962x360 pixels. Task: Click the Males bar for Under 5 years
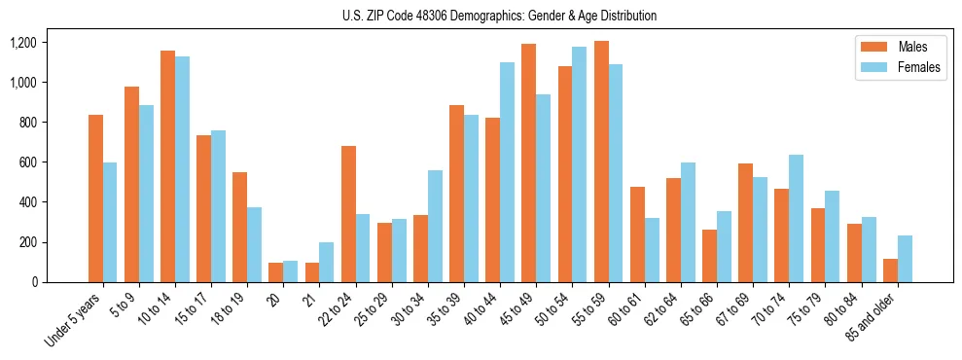95,198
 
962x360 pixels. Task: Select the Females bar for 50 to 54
580,164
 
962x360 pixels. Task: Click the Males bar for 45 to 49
528,162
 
